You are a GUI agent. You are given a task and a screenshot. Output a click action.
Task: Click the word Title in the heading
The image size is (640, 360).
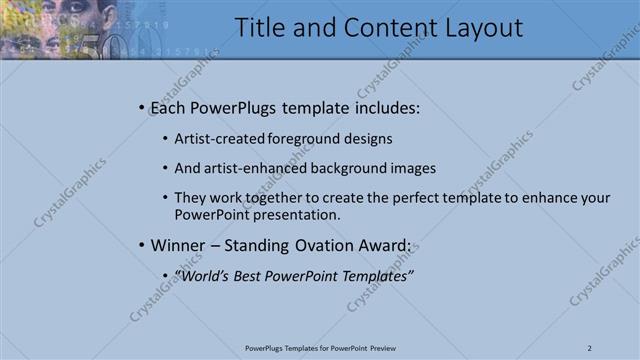click(x=261, y=28)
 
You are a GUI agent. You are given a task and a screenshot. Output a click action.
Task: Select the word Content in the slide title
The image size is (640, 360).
click(x=381, y=28)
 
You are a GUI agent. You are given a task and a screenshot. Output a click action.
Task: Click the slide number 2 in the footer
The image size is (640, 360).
click(x=590, y=348)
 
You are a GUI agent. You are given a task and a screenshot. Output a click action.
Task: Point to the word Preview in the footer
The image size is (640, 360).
click(x=389, y=348)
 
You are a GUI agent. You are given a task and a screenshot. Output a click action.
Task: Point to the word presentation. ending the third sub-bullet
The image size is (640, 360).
click(x=299, y=214)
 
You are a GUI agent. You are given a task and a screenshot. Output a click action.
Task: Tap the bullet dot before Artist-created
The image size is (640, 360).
click(x=165, y=139)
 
